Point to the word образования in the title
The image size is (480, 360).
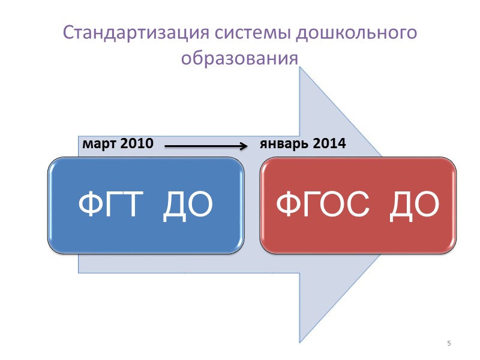(x=239, y=59)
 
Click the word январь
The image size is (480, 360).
(x=283, y=144)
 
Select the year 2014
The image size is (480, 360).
(x=328, y=144)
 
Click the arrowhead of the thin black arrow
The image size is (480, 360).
(x=245, y=145)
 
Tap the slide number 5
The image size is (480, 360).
(x=449, y=343)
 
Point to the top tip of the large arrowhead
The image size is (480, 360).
(x=301, y=68)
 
